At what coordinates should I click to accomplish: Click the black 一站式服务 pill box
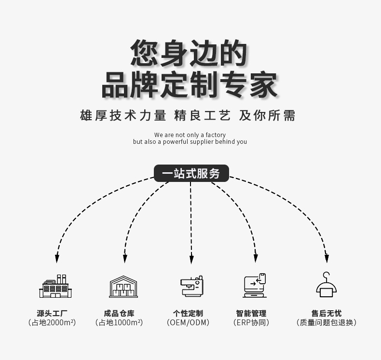(191, 173)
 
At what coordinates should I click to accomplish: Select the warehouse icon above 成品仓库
(123, 287)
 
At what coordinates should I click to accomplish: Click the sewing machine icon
(191, 287)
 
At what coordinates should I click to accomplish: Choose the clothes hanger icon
(327, 285)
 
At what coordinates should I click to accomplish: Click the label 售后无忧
(327, 313)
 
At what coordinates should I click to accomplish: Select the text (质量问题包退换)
(327, 322)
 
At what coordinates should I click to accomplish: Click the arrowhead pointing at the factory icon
(57, 258)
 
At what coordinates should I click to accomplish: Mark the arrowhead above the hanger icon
(327, 258)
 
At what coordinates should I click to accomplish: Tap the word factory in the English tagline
(215, 135)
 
